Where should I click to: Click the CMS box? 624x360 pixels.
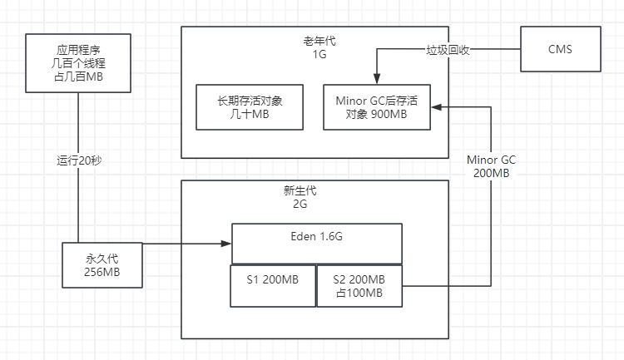[560, 49]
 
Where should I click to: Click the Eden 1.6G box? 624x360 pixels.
[317, 244]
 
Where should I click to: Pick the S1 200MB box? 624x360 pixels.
[272, 285]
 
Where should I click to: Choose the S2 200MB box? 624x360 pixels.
[359, 286]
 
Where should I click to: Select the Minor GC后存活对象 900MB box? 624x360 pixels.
[377, 107]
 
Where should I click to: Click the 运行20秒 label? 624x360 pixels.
[78, 160]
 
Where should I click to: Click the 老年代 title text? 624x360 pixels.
[319, 41]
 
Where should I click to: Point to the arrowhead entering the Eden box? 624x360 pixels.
[226, 244]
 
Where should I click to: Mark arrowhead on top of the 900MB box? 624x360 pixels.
[377, 79]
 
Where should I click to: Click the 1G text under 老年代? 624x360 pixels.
[319, 55]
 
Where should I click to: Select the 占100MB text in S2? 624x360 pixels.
[359, 293]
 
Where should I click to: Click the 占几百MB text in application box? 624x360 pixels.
[78, 76]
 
